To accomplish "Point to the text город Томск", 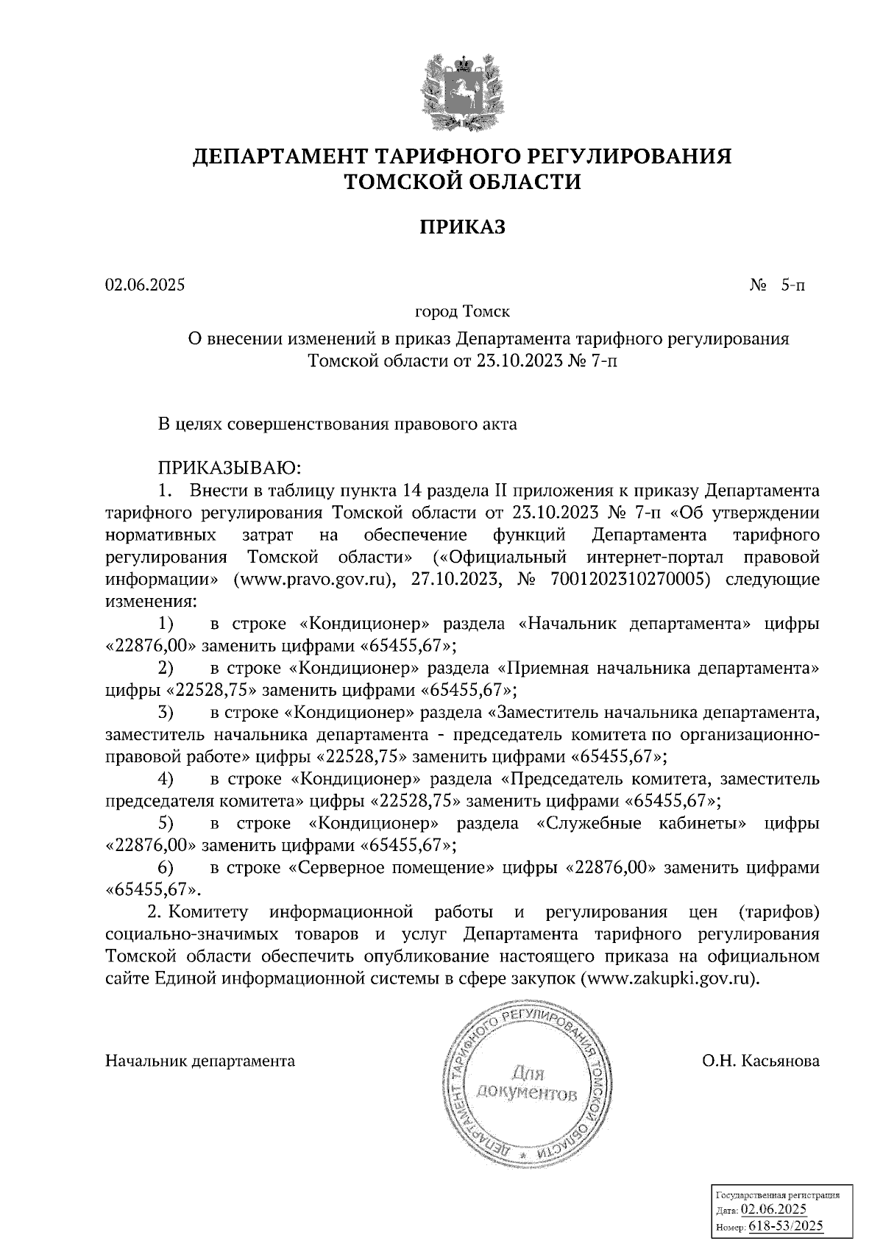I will (463, 312).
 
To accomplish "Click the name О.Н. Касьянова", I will (761, 1061).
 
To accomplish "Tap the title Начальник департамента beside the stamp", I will (200, 1061).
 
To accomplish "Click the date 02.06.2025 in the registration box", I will (774, 1210).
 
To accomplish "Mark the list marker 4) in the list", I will (166, 778).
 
